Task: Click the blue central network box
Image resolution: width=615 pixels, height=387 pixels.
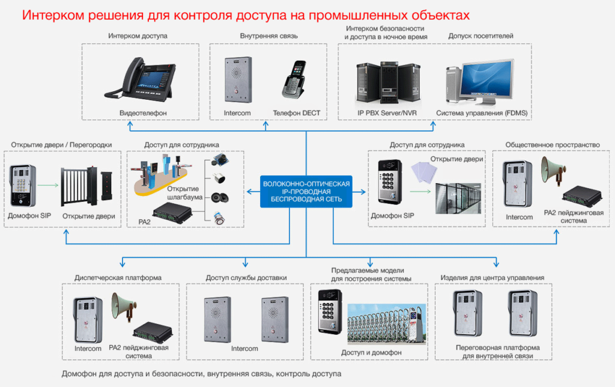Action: [306, 192]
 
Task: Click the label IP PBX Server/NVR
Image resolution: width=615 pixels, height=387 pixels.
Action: [383, 113]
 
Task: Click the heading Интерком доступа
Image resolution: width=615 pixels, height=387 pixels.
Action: [138, 36]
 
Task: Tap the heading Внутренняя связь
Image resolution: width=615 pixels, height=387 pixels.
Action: [265, 36]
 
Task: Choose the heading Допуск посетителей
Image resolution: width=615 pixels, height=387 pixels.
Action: [480, 36]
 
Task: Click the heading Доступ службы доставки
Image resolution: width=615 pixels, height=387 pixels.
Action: [246, 278]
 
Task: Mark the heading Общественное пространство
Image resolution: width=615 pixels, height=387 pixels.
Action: [553, 145]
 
